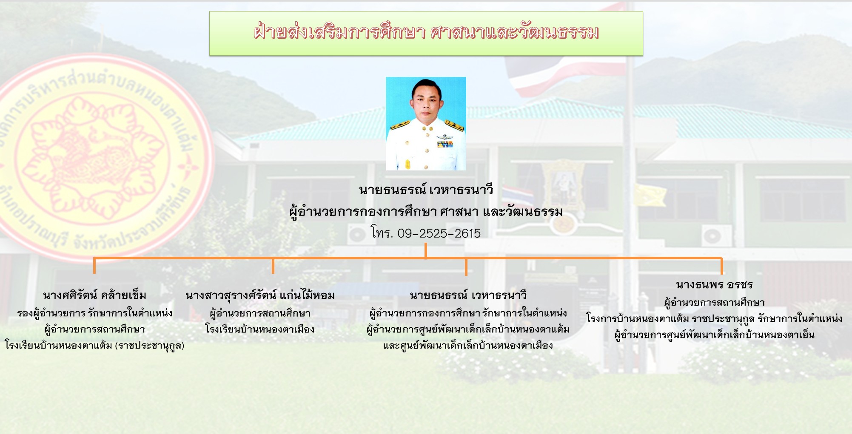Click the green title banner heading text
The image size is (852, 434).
(426, 32)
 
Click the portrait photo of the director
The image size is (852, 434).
(426, 124)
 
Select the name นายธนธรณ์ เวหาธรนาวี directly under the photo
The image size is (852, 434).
(426, 190)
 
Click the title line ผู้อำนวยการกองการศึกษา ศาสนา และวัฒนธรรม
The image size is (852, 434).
(426, 212)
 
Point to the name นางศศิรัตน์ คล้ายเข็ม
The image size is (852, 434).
(94, 295)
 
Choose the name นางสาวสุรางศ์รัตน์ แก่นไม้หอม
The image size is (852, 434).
(260, 295)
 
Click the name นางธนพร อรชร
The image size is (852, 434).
(714, 284)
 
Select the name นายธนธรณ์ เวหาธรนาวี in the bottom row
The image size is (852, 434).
(468, 295)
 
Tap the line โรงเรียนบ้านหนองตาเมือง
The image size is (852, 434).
(260, 329)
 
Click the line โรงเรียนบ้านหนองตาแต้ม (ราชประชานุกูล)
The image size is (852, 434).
(94, 345)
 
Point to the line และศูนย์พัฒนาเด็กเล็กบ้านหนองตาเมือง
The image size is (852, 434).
(468, 345)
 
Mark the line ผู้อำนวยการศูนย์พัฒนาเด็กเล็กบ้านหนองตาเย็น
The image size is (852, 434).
(714, 335)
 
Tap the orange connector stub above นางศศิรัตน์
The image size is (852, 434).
(94, 266)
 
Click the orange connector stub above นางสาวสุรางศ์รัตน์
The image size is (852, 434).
(273, 266)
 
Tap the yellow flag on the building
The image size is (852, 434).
(650, 195)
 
